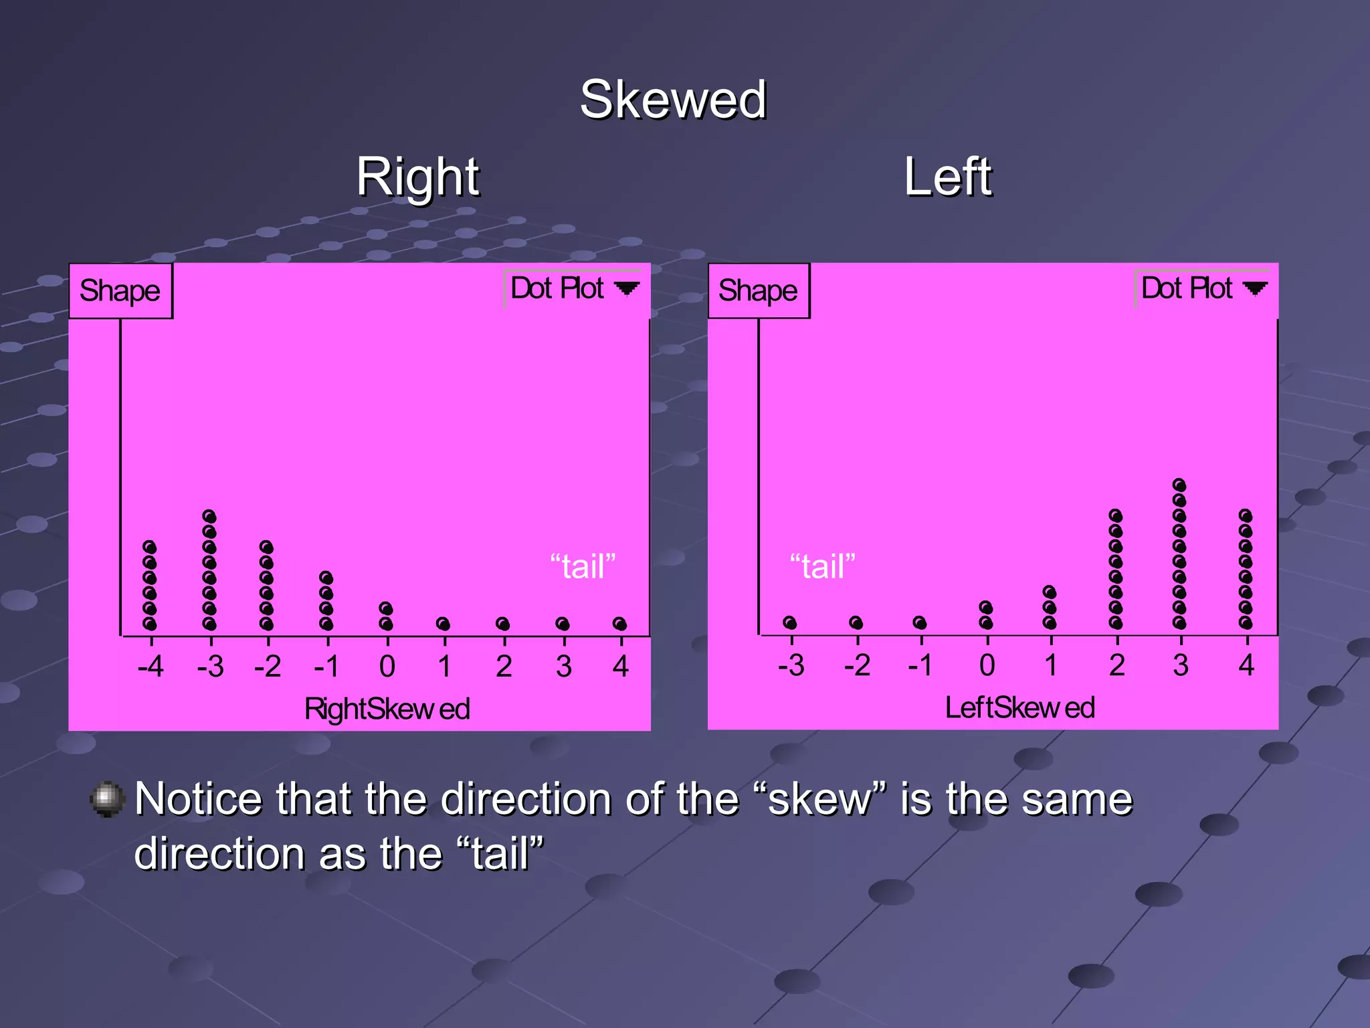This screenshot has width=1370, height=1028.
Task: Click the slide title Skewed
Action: [672, 99]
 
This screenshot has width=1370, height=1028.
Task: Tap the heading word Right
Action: [417, 177]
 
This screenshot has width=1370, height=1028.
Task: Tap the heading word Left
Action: [947, 177]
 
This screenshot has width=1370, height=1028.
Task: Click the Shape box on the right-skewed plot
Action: [120, 291]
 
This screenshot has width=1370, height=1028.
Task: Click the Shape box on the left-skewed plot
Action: [758, 291]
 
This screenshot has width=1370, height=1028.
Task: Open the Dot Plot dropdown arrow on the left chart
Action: [627, 288]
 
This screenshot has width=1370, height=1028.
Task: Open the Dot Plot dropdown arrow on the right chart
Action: [1255, 288]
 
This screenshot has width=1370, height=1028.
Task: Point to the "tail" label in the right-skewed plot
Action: [582, 566]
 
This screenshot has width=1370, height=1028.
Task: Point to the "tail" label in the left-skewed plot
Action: [822, 566]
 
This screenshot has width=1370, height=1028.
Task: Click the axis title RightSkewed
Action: [387, 709]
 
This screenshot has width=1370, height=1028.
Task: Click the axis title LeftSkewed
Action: [1019, 707]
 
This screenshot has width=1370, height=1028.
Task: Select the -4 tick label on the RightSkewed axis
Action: [150, 667]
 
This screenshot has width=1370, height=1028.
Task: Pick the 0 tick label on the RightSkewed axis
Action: [387, 667]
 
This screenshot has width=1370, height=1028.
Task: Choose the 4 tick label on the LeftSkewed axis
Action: [1246, 665]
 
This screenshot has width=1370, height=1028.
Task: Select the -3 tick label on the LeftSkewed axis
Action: [791, 665]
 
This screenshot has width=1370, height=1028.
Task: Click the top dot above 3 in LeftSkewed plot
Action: [1179, 485]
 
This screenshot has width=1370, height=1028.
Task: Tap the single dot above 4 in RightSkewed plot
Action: [620, 624]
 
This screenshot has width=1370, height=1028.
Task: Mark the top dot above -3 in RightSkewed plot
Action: [209, 517]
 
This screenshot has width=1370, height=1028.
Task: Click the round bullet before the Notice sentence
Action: [107, 799]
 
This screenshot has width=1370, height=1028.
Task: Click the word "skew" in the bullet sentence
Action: [819, 799]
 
